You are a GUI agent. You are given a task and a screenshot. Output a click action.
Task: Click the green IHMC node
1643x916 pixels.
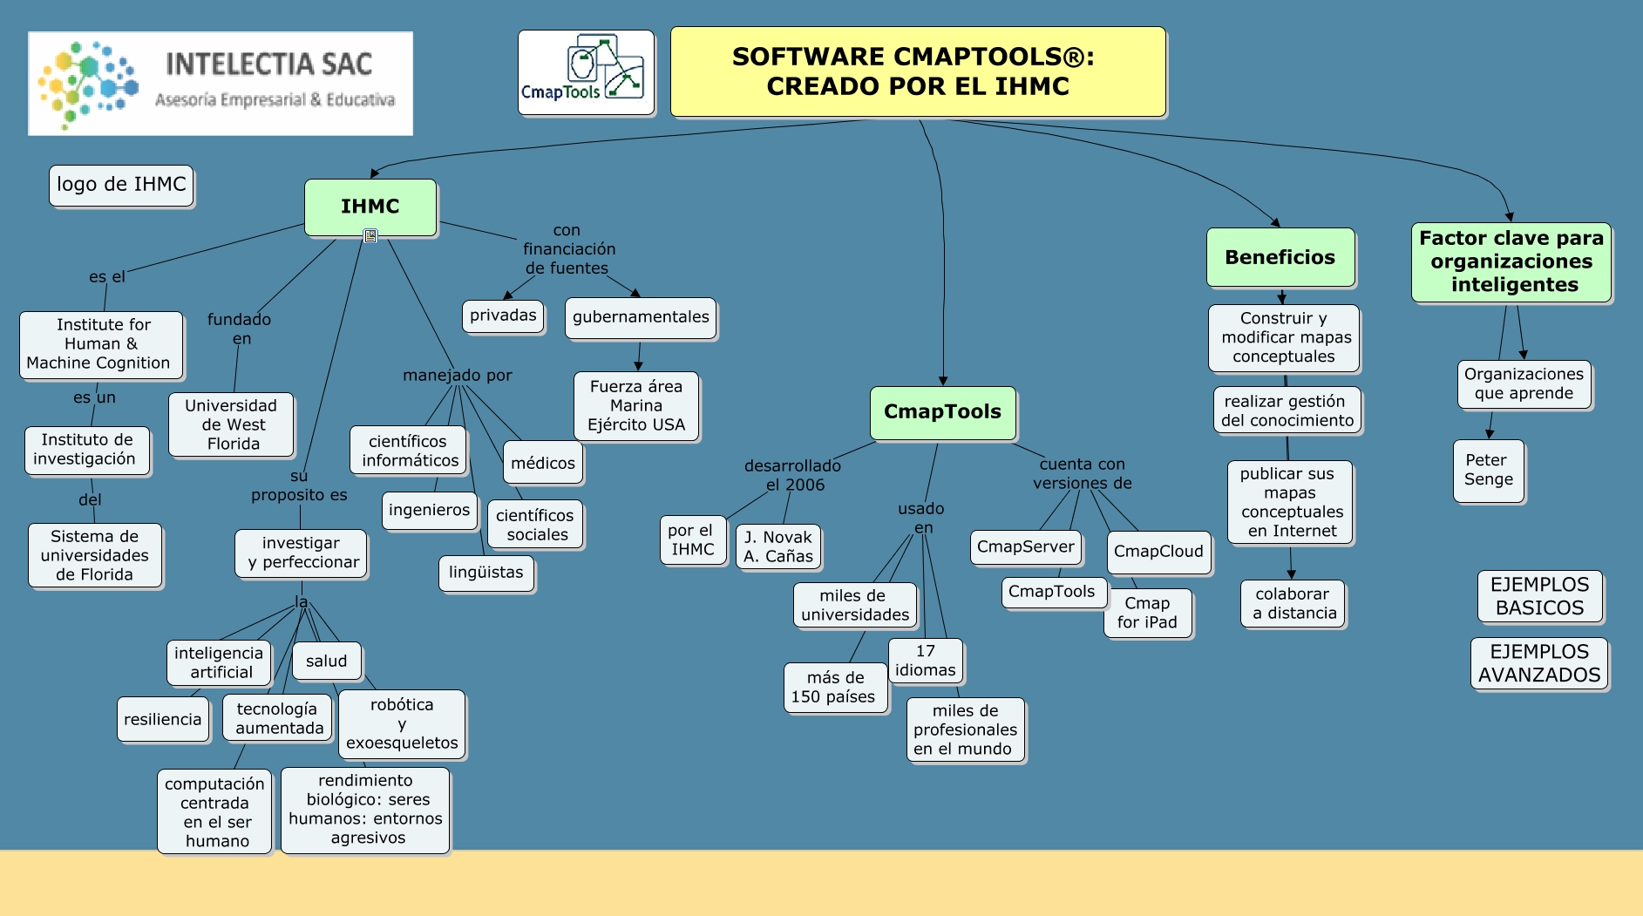click(370, 207)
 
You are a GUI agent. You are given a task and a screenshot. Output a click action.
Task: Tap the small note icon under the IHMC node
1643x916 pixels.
click(370, 235)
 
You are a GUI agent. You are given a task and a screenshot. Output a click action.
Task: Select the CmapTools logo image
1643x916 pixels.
click(586, 72)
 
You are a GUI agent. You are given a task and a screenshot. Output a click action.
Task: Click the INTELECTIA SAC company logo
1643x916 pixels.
click(221, 84)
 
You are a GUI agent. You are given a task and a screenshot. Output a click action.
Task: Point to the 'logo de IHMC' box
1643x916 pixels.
click(121, 185)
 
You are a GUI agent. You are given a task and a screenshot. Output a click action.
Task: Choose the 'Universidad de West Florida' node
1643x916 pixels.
click(232, 424)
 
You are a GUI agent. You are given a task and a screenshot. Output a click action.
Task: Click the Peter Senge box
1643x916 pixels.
click(1489, 470)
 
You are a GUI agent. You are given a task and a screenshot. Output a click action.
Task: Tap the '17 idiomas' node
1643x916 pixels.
click(926, 661)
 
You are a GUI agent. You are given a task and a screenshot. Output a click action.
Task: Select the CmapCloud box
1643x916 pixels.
click(1158, 552)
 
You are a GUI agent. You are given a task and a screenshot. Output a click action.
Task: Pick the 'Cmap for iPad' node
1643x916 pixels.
click(1147, 613)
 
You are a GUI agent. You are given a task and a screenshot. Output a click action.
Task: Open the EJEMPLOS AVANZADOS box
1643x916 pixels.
click(1539, 663)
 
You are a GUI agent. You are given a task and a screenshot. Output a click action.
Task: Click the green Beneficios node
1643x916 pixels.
click(1280, 257)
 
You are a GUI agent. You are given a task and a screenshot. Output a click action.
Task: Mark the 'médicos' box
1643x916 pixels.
click(543, 463)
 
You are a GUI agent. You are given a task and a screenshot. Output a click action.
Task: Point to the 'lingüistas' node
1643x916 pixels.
click(486, 573)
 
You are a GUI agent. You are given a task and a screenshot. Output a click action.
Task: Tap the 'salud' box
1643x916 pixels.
click(327, 661)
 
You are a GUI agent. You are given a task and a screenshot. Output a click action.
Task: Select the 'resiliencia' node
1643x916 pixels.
click(163, 719)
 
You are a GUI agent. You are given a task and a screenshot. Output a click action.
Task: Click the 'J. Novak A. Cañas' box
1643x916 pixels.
click(778, 546)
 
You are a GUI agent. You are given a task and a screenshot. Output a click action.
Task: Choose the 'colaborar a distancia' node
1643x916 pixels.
click(1293, 603)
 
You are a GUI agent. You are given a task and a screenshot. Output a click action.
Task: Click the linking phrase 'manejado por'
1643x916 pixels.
click(458, 375)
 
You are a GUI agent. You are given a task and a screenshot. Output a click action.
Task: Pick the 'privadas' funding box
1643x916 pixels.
click(503, 316)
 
